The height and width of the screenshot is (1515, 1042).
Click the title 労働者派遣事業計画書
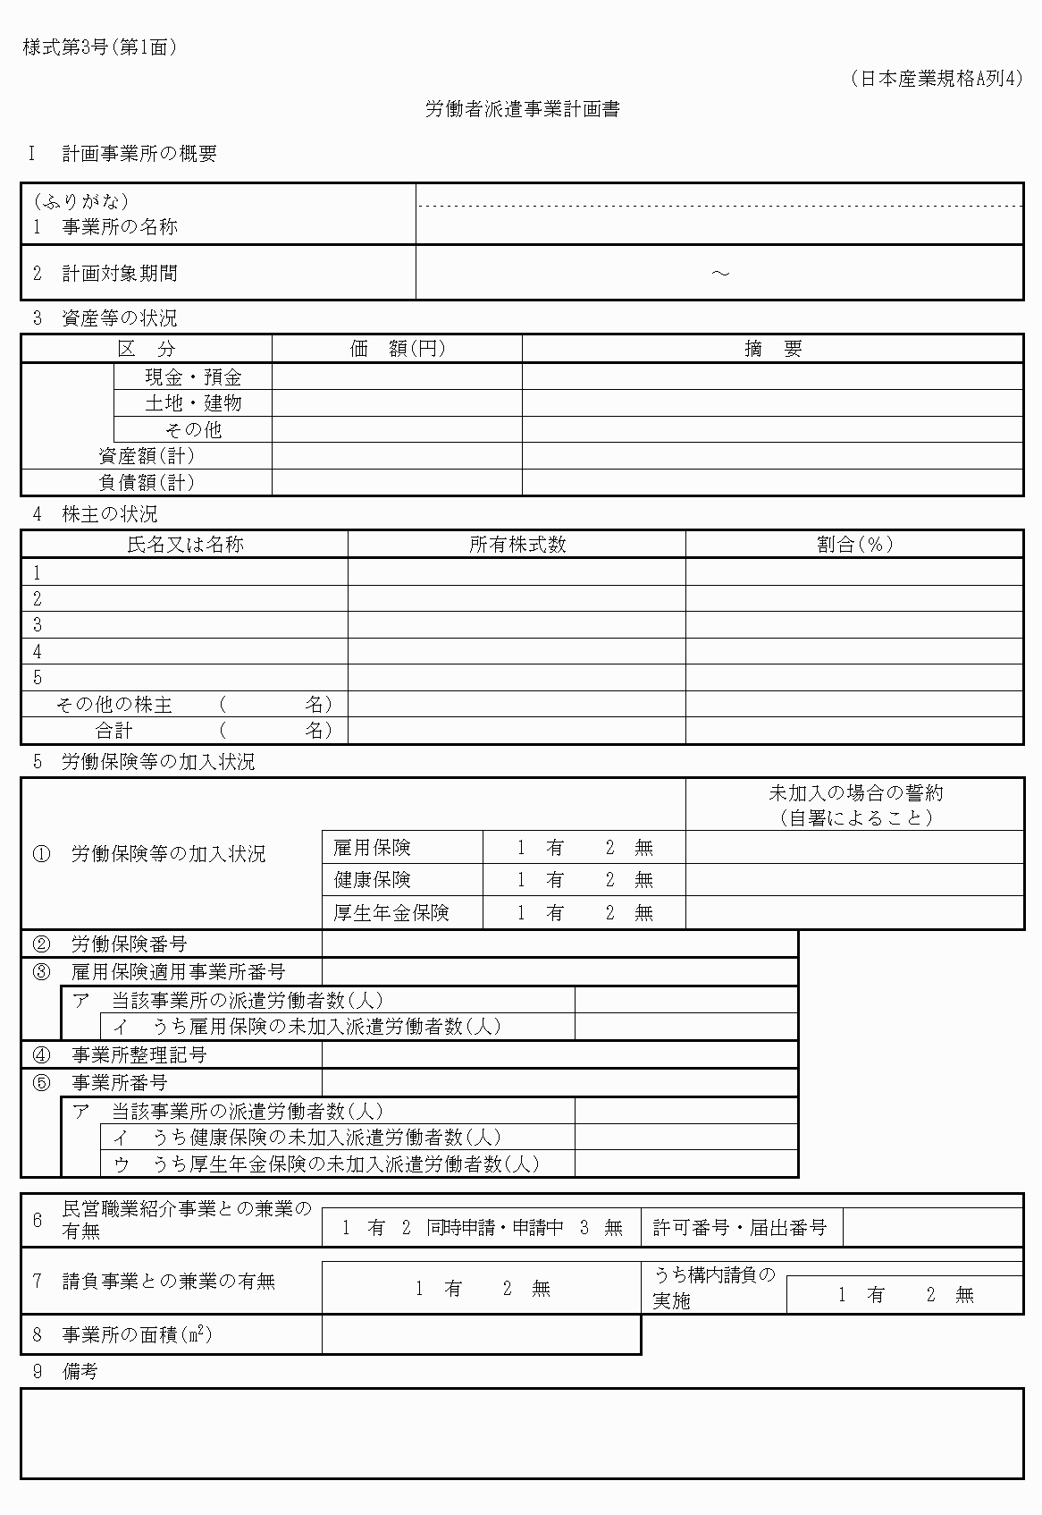click(522, 110)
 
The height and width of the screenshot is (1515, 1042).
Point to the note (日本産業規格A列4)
click(936, 79)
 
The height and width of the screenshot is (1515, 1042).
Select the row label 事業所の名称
click(119, 227)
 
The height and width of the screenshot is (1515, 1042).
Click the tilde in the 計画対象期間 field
click(719, 273)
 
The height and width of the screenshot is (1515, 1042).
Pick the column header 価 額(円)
click(397, 349)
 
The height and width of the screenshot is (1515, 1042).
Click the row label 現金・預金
click(193, 377)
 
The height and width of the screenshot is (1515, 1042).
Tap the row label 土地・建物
click(193, 403)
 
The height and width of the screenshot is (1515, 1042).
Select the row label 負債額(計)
click(146, 483)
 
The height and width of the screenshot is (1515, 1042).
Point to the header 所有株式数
click(517, 545)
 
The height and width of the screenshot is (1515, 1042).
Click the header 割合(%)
click(854, 545)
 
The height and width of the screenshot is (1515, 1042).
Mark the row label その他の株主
click(113, 705)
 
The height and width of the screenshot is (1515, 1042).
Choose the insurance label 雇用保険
click(372, 848)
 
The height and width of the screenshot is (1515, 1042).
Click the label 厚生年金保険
click(391, 913)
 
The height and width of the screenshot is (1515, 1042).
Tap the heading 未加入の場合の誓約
click(855, 793)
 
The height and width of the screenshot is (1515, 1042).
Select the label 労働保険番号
click(129, 944)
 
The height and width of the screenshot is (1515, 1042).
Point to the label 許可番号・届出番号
click(739, 1228)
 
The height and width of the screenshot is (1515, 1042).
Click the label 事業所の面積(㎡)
click(136, 1335)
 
